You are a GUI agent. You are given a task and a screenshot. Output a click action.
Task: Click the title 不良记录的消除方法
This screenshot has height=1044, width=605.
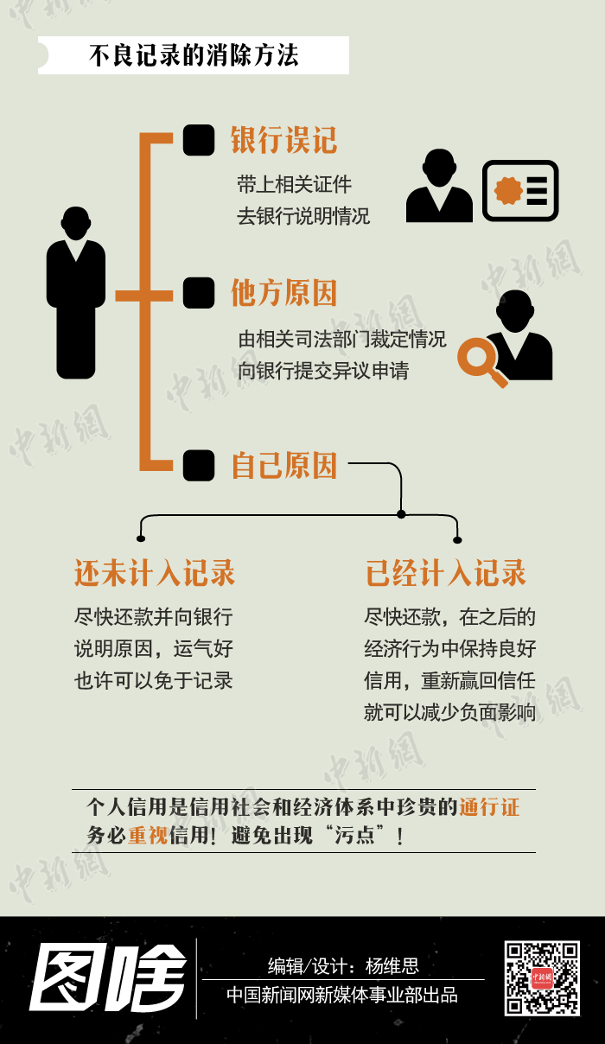[194, 56]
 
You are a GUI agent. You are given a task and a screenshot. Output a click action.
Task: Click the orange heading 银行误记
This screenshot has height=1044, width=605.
[283, 140]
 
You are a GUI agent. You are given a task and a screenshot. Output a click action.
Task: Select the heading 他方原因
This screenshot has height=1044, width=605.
[283, 294]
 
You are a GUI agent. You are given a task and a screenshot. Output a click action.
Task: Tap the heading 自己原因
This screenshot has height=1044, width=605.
[283, 466]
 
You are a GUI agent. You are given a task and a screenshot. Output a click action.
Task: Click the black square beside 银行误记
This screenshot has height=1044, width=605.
[199, 140]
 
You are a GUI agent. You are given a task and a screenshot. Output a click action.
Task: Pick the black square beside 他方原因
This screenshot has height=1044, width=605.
[199, 293]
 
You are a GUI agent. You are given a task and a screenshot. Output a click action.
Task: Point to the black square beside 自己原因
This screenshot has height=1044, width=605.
[199, 466]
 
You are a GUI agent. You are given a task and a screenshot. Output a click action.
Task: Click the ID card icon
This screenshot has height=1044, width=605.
[520, 190]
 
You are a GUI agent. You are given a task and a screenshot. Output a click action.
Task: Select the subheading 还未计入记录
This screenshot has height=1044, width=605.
[155, 573]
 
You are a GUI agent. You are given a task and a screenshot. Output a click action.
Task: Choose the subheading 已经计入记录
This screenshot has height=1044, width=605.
[446, 573]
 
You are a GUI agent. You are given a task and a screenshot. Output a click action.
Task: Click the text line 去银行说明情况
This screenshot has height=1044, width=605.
[303, 216]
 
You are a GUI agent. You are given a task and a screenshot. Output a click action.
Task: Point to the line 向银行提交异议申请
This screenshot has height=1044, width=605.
[323, 371]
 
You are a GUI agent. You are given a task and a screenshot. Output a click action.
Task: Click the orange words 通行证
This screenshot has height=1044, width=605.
[489, 808]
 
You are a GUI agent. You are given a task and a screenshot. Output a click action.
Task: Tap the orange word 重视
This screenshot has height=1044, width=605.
[148, 836]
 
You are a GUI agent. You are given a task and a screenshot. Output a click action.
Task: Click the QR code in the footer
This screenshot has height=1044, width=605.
[542, 977]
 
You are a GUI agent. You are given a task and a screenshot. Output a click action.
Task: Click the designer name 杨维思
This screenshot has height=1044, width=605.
[392, 966]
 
